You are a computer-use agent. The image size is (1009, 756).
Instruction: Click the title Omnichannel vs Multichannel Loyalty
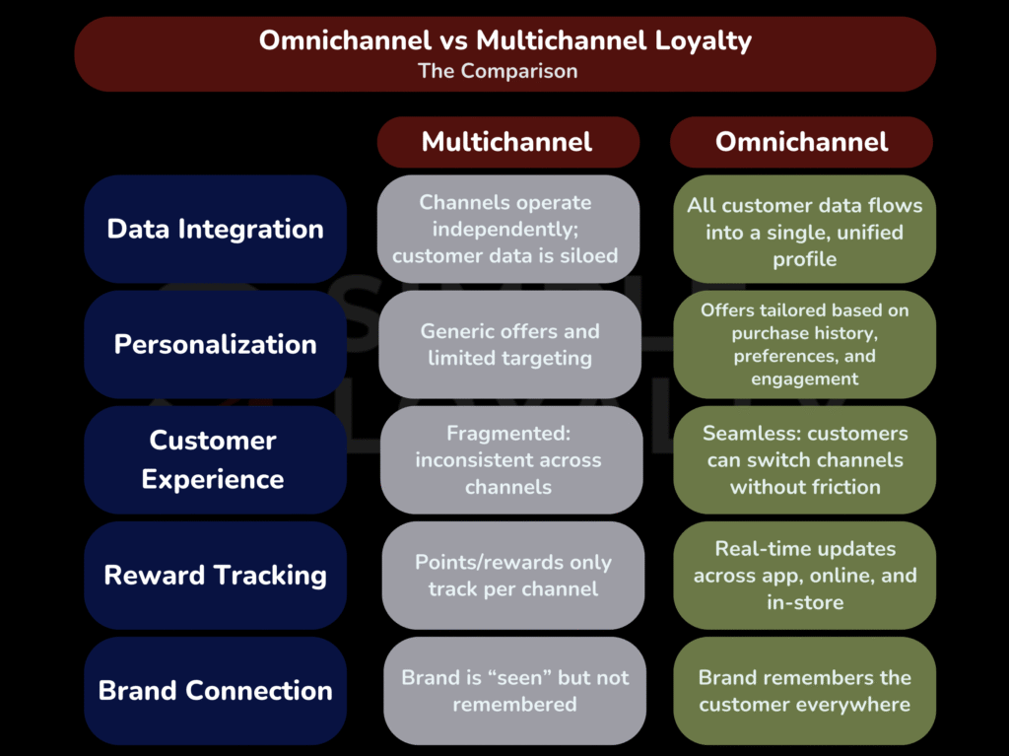pos(504,41)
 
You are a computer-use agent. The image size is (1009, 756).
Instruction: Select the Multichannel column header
pos(506,142)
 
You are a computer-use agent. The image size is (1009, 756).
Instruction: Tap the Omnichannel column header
pos(801,142)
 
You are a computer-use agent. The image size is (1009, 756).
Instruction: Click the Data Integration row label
pos(215,229)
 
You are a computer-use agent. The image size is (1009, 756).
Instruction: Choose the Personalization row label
pos(215,344)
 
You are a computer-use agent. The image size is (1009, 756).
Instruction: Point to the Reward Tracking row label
pos(215,575)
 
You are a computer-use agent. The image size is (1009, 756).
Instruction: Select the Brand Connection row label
pos(215,690)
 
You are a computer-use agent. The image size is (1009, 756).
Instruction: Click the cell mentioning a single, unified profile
pos(804,231)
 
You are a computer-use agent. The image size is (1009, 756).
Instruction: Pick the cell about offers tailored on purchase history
pos(804,344)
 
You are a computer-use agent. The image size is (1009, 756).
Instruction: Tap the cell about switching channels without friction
pos(804,459)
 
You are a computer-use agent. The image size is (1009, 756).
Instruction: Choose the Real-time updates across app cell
pos(804,575)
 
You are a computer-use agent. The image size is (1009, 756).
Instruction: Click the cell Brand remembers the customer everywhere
pos(804,690)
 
